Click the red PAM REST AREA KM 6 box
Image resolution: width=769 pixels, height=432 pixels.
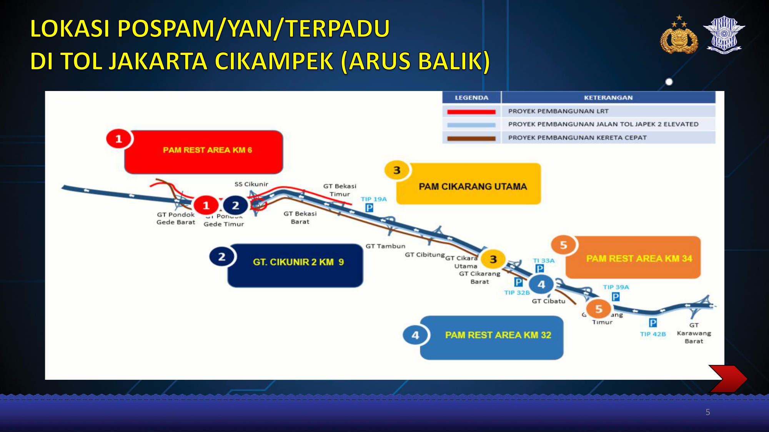204,152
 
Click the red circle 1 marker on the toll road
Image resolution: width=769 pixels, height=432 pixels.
206,205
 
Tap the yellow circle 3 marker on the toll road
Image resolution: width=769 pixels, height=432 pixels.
493,259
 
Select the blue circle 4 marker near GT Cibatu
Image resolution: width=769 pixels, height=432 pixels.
541,285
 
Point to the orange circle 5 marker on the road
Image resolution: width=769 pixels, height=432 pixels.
598,309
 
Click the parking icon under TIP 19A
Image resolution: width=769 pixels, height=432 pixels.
369,208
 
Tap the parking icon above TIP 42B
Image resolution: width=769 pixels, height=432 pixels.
653,323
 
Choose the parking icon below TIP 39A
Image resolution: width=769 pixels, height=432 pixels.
616,296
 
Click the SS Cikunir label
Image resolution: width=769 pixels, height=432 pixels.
251,184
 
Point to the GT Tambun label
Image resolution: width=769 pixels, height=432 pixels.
385,246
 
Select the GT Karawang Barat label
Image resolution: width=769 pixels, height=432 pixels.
694,333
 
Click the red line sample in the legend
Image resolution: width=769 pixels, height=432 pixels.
471,112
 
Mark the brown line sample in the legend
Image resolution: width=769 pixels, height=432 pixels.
471,138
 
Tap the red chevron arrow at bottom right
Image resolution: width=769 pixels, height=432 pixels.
727,379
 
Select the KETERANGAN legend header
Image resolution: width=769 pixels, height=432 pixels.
608,98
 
